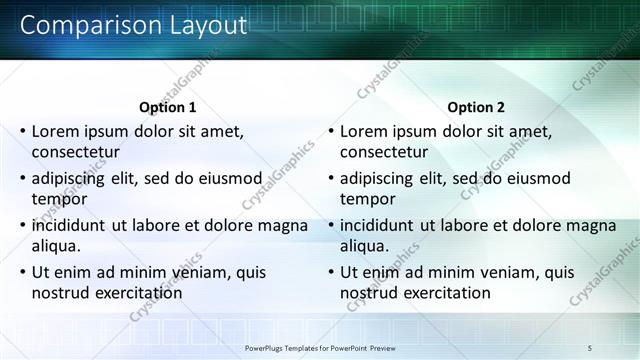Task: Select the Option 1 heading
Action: click(166, 107)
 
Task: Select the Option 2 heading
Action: click(476, 107)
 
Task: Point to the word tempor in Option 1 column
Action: click(59, 200)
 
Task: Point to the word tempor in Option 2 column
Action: click(367, 200)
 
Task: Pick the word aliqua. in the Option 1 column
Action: click(57, 247)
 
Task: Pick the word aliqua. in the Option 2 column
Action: click(365, 247)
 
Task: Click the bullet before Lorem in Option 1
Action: click(22, 131)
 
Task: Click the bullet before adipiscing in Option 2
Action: click(330, 178)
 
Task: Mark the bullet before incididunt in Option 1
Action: click(22, 225)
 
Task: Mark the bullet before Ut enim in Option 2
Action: click(330, 272)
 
